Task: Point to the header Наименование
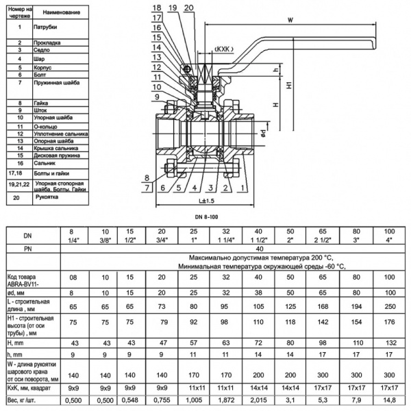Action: (57, 13)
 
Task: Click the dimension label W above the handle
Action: (291, 20)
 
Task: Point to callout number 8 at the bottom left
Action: (147, 177)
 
